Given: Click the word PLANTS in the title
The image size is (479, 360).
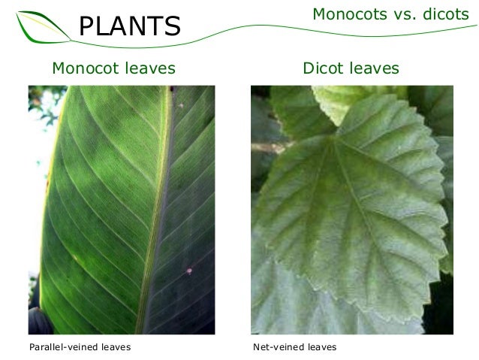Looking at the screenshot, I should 131,27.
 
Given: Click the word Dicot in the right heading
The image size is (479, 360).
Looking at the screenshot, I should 324,69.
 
